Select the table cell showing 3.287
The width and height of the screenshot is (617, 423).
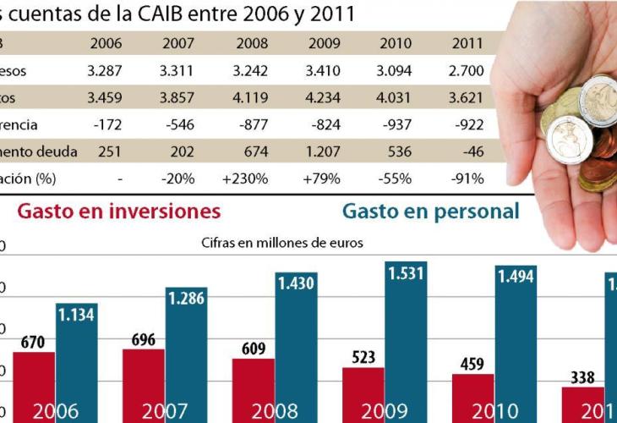pos(106,71)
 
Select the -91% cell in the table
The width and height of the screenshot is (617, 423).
pos(467,179)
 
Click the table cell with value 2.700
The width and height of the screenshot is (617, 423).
pos(467,71)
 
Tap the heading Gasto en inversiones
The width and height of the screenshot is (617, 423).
pos(118,211)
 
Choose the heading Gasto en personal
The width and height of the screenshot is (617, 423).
pos(430,211)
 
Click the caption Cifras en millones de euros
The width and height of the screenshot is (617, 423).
pos(282,243)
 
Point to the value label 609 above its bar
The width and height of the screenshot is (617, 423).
pos(253,348)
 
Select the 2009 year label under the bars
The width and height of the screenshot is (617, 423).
pos(385,412)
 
